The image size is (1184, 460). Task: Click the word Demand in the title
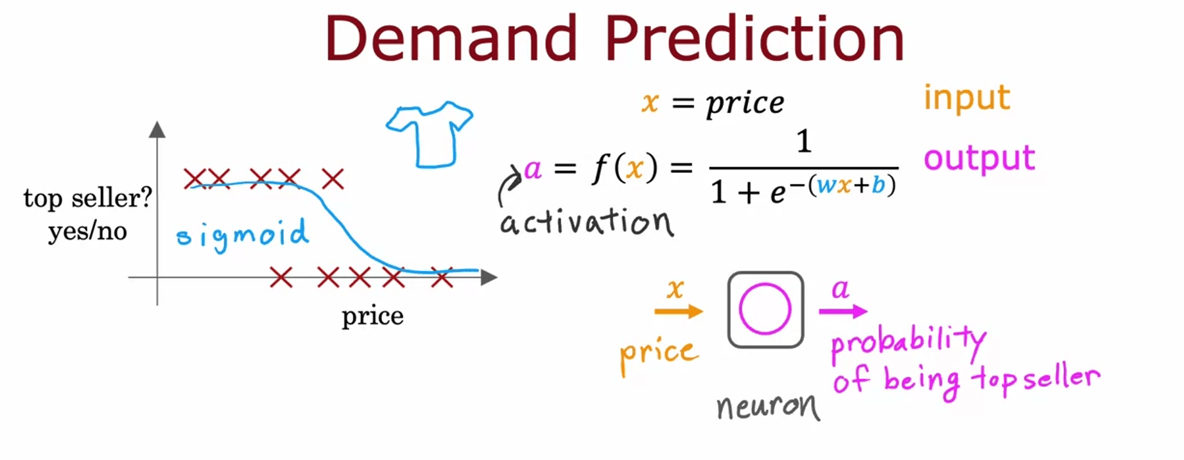(451, 39)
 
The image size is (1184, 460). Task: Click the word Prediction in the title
(754, 39)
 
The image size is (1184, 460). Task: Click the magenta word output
(979, 158)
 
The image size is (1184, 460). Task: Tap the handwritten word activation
(587, 222)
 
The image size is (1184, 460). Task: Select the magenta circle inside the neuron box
(740, 310)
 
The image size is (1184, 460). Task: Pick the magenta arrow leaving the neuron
(843, 312)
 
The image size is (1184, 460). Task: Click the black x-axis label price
(372, 317)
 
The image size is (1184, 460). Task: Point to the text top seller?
(88, 199)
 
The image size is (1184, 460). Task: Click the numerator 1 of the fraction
(804, 141)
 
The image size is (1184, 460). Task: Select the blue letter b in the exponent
(878, 184)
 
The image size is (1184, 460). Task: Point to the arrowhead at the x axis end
(489, 278)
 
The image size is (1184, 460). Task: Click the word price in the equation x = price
(745, 103)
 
